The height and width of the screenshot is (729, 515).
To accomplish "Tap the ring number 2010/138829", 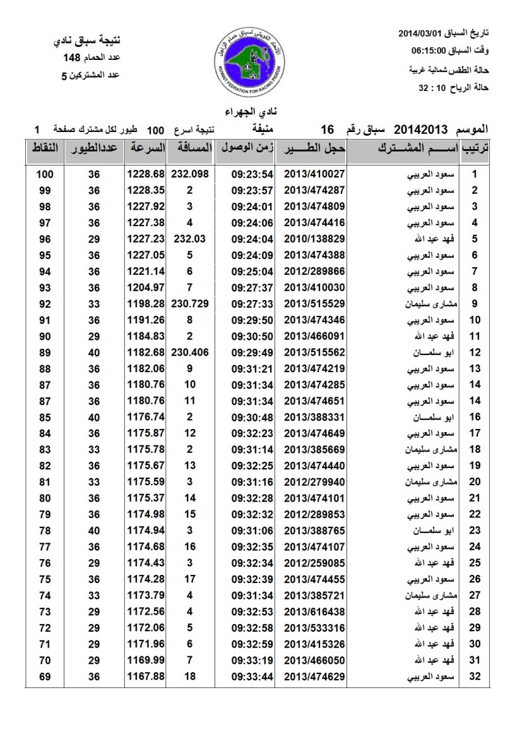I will point(314,239).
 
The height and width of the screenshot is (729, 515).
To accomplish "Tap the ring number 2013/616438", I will point(314,612).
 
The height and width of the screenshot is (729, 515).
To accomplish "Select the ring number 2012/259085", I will point(314,563).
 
